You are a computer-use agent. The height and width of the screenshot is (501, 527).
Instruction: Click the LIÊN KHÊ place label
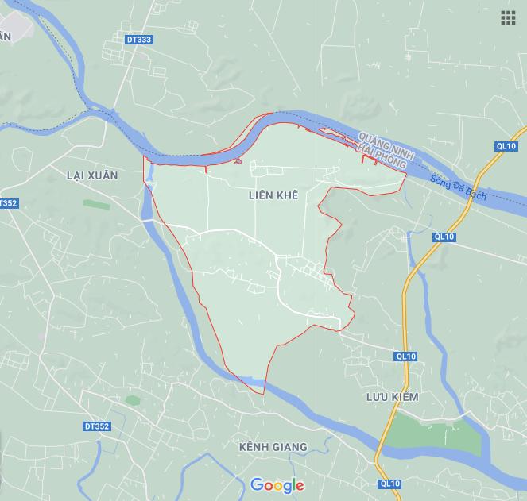[273, 195]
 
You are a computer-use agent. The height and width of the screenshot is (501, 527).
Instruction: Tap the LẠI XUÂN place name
[91, 175]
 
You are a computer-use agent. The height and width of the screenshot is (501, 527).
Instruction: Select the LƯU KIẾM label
[392, 396]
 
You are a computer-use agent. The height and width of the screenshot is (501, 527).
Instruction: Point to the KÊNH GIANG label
[273, 447]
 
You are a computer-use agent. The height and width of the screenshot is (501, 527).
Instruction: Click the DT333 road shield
[138, 40]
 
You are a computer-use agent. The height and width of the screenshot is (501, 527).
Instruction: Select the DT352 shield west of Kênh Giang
[96, 426]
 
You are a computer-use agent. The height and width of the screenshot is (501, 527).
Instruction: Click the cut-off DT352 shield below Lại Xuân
[7, 203]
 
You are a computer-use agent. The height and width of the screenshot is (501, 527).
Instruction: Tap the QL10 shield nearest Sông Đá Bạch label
[506, 146]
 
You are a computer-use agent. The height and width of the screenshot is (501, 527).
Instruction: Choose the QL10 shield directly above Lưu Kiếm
[405, 356]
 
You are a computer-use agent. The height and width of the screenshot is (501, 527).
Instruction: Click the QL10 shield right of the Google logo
[389, 483]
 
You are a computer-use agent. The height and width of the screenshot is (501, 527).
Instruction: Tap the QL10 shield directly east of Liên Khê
[444, 237]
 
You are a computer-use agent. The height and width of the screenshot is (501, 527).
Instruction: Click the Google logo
[277, 485]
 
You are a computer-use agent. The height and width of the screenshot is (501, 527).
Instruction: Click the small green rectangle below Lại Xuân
[96, 204]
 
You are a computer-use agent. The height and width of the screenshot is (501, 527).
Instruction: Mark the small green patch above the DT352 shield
[133, 399]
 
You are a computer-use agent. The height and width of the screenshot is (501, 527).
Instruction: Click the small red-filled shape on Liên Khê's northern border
[238, 161]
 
